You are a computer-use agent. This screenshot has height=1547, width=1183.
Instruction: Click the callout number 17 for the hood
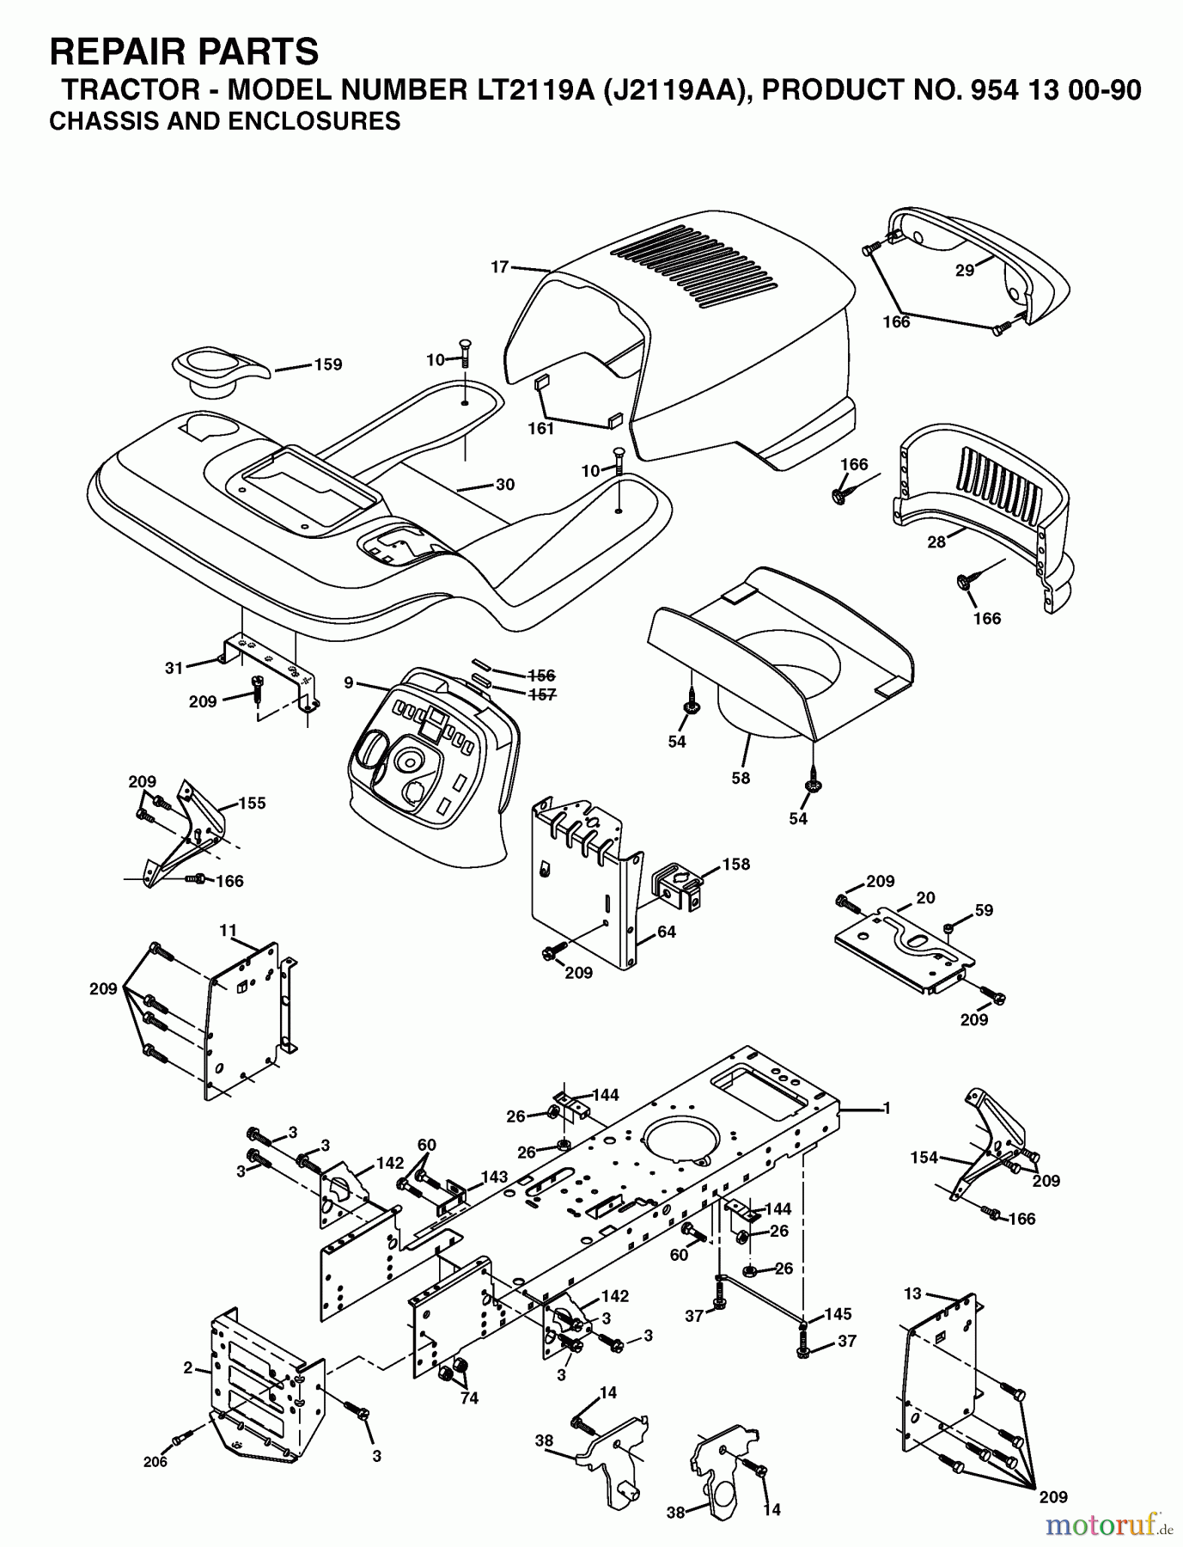tap(500, 267)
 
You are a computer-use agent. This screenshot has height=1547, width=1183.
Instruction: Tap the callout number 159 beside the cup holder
tap(326, 364)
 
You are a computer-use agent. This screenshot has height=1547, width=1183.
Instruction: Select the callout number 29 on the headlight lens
tap(965, 270)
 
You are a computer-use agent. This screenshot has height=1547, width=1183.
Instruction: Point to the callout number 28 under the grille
tap(936, 541)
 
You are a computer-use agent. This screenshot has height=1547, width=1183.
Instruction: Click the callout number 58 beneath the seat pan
tap(741, 778)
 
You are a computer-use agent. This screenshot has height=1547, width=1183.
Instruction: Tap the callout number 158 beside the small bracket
tap(736, 864)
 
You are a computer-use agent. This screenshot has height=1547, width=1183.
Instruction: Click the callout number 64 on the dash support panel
tap(666, 931)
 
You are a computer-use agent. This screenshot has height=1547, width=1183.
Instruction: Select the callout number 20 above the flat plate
tap(925, 896)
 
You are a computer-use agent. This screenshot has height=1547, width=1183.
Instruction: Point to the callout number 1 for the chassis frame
tap(887, 1109)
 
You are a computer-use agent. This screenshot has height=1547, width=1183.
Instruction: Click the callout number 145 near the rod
tap(838, 1314)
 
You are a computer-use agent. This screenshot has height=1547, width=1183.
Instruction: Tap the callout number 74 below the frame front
tap(468, 1398)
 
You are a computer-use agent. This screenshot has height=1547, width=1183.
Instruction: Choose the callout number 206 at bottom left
tap(155, 1461)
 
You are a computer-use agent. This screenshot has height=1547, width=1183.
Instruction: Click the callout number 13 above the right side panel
tap(912, 1293)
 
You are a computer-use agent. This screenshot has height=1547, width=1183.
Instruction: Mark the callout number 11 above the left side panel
tap(227, 930)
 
